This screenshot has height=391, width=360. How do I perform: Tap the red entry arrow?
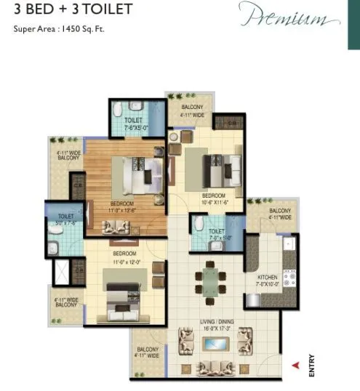coord(295,366)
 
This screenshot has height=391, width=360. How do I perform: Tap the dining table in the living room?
coord(209,278)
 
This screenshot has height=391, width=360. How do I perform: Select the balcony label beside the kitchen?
coord(280,213)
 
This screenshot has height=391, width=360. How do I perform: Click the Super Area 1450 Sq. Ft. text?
coord(59,30)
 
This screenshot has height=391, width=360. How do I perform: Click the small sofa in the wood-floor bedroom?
coord(116,228)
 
